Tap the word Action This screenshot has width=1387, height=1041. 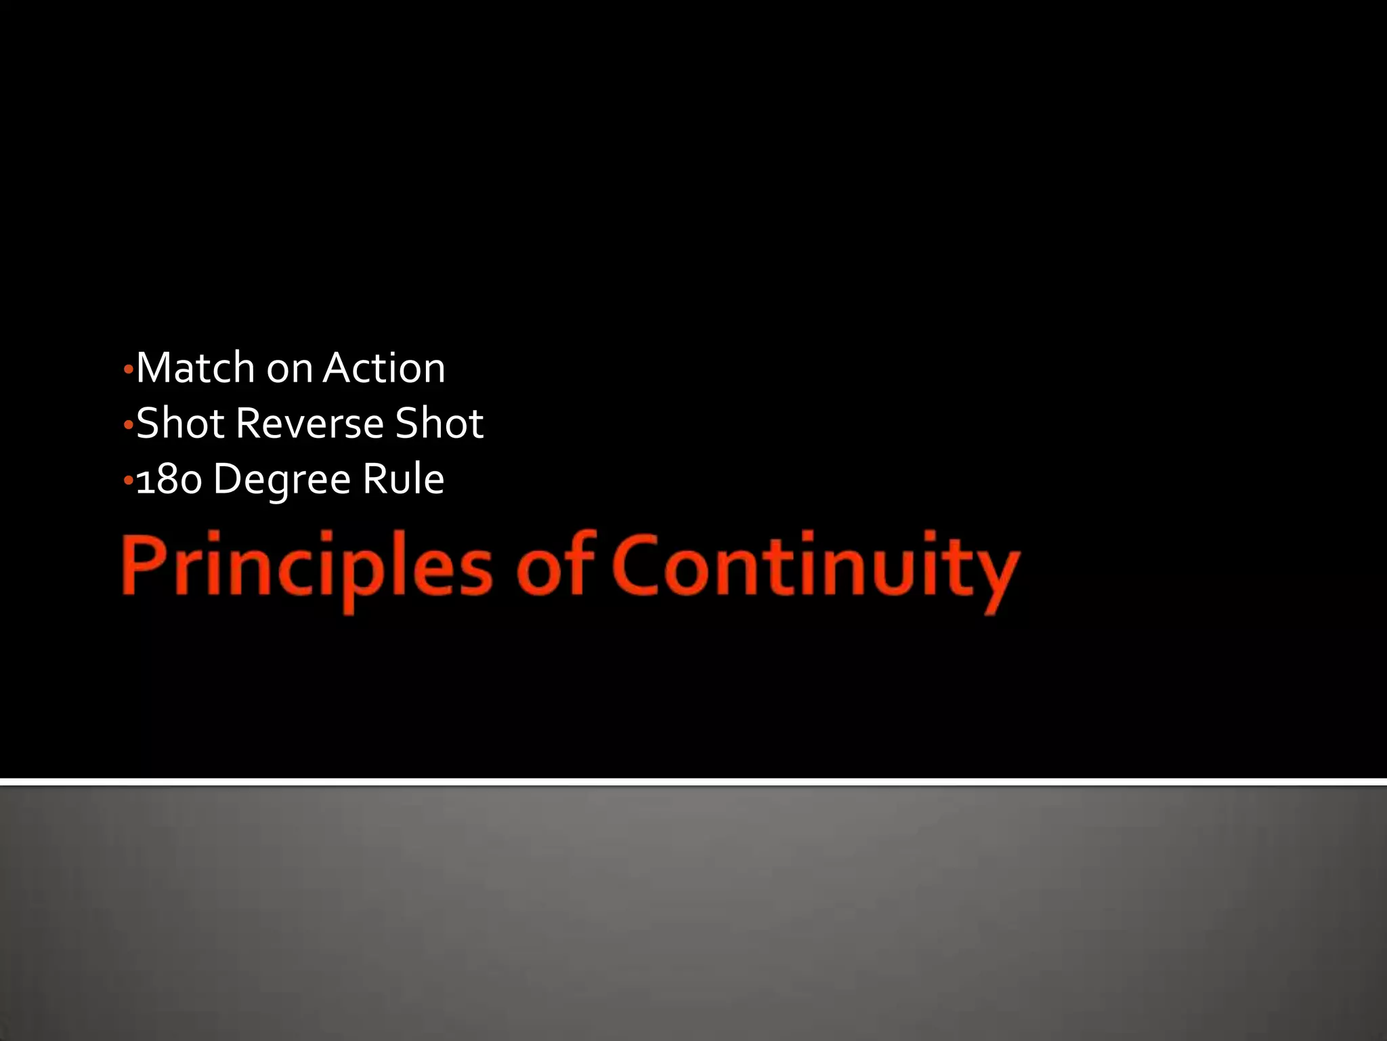[384, 368]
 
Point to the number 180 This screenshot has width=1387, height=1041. [169, 480]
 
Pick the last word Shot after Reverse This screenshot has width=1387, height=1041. [440, 424]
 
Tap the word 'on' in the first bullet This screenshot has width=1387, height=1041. [289, 369]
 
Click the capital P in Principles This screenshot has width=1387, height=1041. [142, 565]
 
